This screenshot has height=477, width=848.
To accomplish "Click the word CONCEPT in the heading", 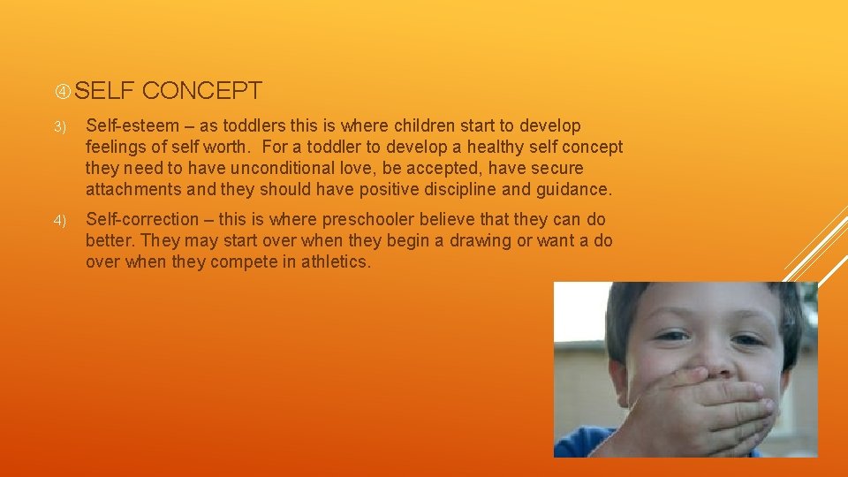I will [201, 90].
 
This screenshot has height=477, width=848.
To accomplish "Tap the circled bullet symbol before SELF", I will [62, 91].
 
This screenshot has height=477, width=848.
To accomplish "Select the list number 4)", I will [60, 220].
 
